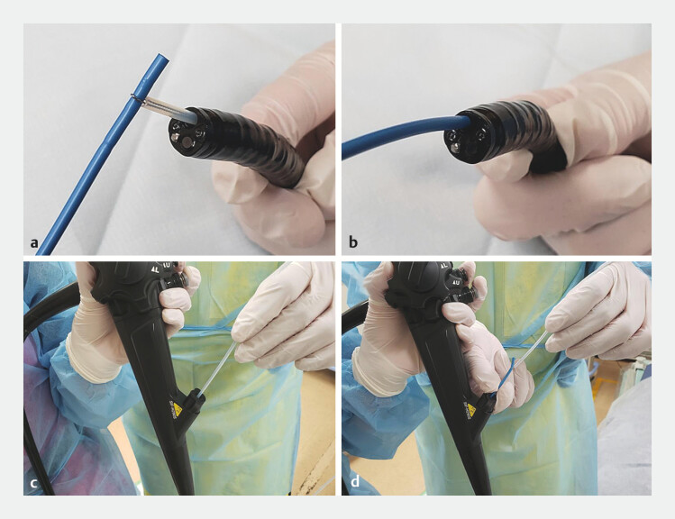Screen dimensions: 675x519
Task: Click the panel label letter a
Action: [x=34, y=242]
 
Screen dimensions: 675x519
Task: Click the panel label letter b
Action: [x=353, y=241]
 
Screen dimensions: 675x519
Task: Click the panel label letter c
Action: [x=34, y=483]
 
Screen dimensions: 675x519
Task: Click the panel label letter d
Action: [x=355, y=481]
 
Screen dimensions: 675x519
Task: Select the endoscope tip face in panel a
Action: [x=187, y=134]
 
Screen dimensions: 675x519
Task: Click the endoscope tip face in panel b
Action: [x=464, y=137]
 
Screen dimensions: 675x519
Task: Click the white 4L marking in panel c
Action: [x=153, y=269]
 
